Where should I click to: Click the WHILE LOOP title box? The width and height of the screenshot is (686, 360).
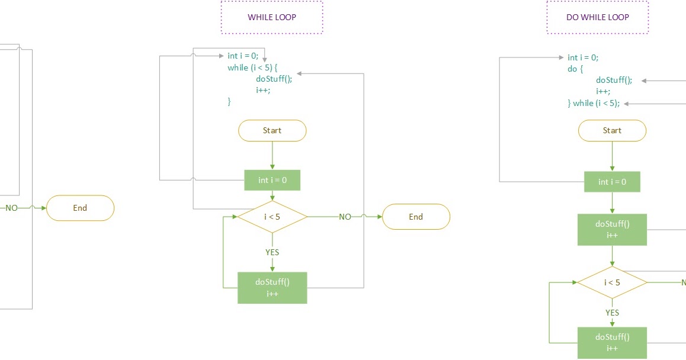point(272,17)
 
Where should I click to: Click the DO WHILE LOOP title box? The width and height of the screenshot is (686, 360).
point(597,17)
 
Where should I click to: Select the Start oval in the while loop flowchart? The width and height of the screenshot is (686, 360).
point(272,130)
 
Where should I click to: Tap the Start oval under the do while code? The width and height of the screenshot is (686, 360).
point(612,130)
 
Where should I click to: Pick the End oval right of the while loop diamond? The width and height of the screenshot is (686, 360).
point(416,217)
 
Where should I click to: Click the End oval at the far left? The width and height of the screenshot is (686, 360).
point(80,208)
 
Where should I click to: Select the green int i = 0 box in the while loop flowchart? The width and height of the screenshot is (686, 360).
point(272,180)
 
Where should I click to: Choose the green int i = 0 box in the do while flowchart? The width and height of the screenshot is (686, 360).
point(612,182)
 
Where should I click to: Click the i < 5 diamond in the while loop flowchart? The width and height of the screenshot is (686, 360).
point(272,217)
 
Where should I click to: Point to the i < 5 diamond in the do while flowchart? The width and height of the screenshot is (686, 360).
point(612,282)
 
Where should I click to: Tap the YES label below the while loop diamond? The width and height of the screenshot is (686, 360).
point(272,252)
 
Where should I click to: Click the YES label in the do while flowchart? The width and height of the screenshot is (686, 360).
point(612,313)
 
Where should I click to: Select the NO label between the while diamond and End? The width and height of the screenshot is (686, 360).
point(345,217)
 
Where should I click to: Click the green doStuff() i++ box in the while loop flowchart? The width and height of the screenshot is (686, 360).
point(272,288)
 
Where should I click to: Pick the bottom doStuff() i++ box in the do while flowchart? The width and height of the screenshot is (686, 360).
point(612,343)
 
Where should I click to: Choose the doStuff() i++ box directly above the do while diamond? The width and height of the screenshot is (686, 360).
point(612,230)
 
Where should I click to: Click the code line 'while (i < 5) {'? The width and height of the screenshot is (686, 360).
point(252,67)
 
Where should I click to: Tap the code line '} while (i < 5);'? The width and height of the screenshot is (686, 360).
point(594,103)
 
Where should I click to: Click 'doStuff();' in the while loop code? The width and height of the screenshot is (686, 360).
point(274,79)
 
